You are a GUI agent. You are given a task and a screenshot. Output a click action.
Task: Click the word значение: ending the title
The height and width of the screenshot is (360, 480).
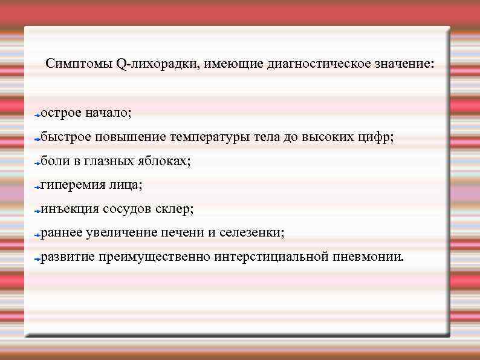click(404, 64)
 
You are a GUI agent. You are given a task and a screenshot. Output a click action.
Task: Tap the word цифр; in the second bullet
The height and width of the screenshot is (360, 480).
click(375, 137)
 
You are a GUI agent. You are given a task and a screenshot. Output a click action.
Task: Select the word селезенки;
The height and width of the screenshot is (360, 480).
click(252, 233)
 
